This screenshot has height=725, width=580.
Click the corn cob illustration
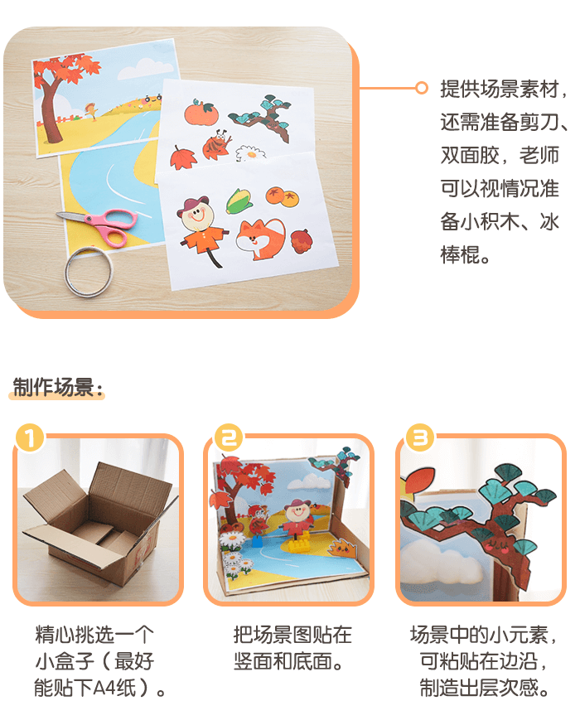pos(239,201)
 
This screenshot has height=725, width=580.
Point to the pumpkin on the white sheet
pos(201,111)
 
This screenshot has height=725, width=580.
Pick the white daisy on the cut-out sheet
pos(251,153)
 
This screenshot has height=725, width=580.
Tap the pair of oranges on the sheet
pos(283,196)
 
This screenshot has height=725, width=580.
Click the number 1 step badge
pos(30,437)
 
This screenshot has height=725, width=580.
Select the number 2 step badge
pos(230,437)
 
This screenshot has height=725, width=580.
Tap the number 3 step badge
pos(420,437)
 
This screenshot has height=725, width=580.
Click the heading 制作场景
pos(57,388)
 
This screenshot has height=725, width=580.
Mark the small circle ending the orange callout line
pos(422,88)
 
